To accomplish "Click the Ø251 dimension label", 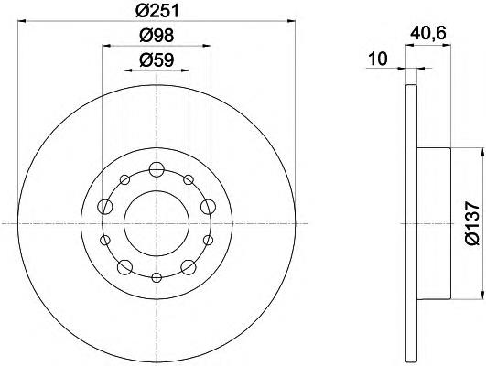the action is (x=157, y=12).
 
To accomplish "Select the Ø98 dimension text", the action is (x=157, y=36).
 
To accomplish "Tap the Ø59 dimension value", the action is (x=157, y=60).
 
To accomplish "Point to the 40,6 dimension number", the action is (x=428, y=33).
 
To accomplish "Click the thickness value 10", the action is (x=377, y=59).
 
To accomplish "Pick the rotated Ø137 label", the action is (x=472, y=223).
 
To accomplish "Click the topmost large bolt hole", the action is (x=157, y=169).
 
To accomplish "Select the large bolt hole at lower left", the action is (x=124, y=267).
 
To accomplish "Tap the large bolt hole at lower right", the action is (x=189, y=267).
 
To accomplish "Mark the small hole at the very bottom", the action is (x=157, y=277).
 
